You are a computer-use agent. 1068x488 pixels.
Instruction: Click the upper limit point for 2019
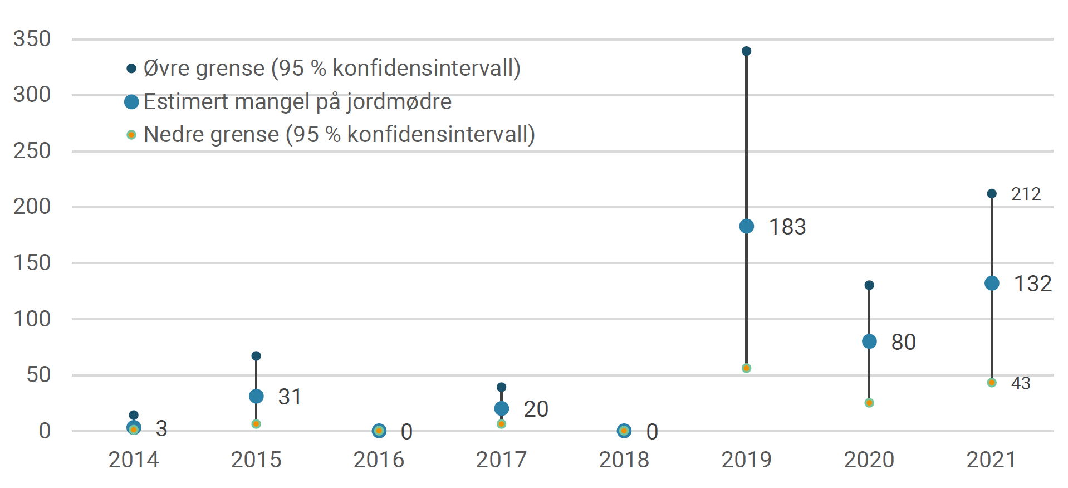(x=746, y=51)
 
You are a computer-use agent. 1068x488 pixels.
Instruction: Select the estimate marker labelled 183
(x=746, y=226)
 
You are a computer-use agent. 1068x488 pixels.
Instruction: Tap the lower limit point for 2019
(x=746, y=368)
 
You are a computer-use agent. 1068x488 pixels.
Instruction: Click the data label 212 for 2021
(x=1026, y=194)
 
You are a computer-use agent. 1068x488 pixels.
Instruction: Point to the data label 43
(x=1021, y=383)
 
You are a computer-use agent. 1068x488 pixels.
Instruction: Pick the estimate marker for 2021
(x=991, y=283)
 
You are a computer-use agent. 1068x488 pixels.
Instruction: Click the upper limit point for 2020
(x=869, y=285)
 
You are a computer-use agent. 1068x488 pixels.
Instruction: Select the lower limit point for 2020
(x=869, y=403)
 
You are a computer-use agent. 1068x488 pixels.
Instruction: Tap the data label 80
(x=903, y=342)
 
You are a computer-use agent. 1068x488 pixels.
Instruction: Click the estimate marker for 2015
(x=256, y=396)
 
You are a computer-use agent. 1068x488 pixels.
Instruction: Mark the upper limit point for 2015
(x=256, y=356)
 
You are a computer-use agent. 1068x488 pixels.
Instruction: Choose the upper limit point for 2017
(x=501, y=387)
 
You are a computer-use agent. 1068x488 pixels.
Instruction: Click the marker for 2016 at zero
(x=379, y=431)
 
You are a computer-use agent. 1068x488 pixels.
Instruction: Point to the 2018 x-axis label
(x=624, y=460)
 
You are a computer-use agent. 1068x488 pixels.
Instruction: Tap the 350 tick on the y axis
(x=32, y=39)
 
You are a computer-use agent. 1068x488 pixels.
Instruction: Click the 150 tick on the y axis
(x=32, y=263)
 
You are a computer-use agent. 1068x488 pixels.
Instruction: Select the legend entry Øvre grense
(x=331, y=69)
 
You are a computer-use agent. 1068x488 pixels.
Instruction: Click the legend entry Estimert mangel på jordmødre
(x=297, y=102)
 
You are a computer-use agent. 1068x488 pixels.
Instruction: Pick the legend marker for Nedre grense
(x=131, y=135)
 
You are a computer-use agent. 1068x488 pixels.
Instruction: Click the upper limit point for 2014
(x=134, y=415)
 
